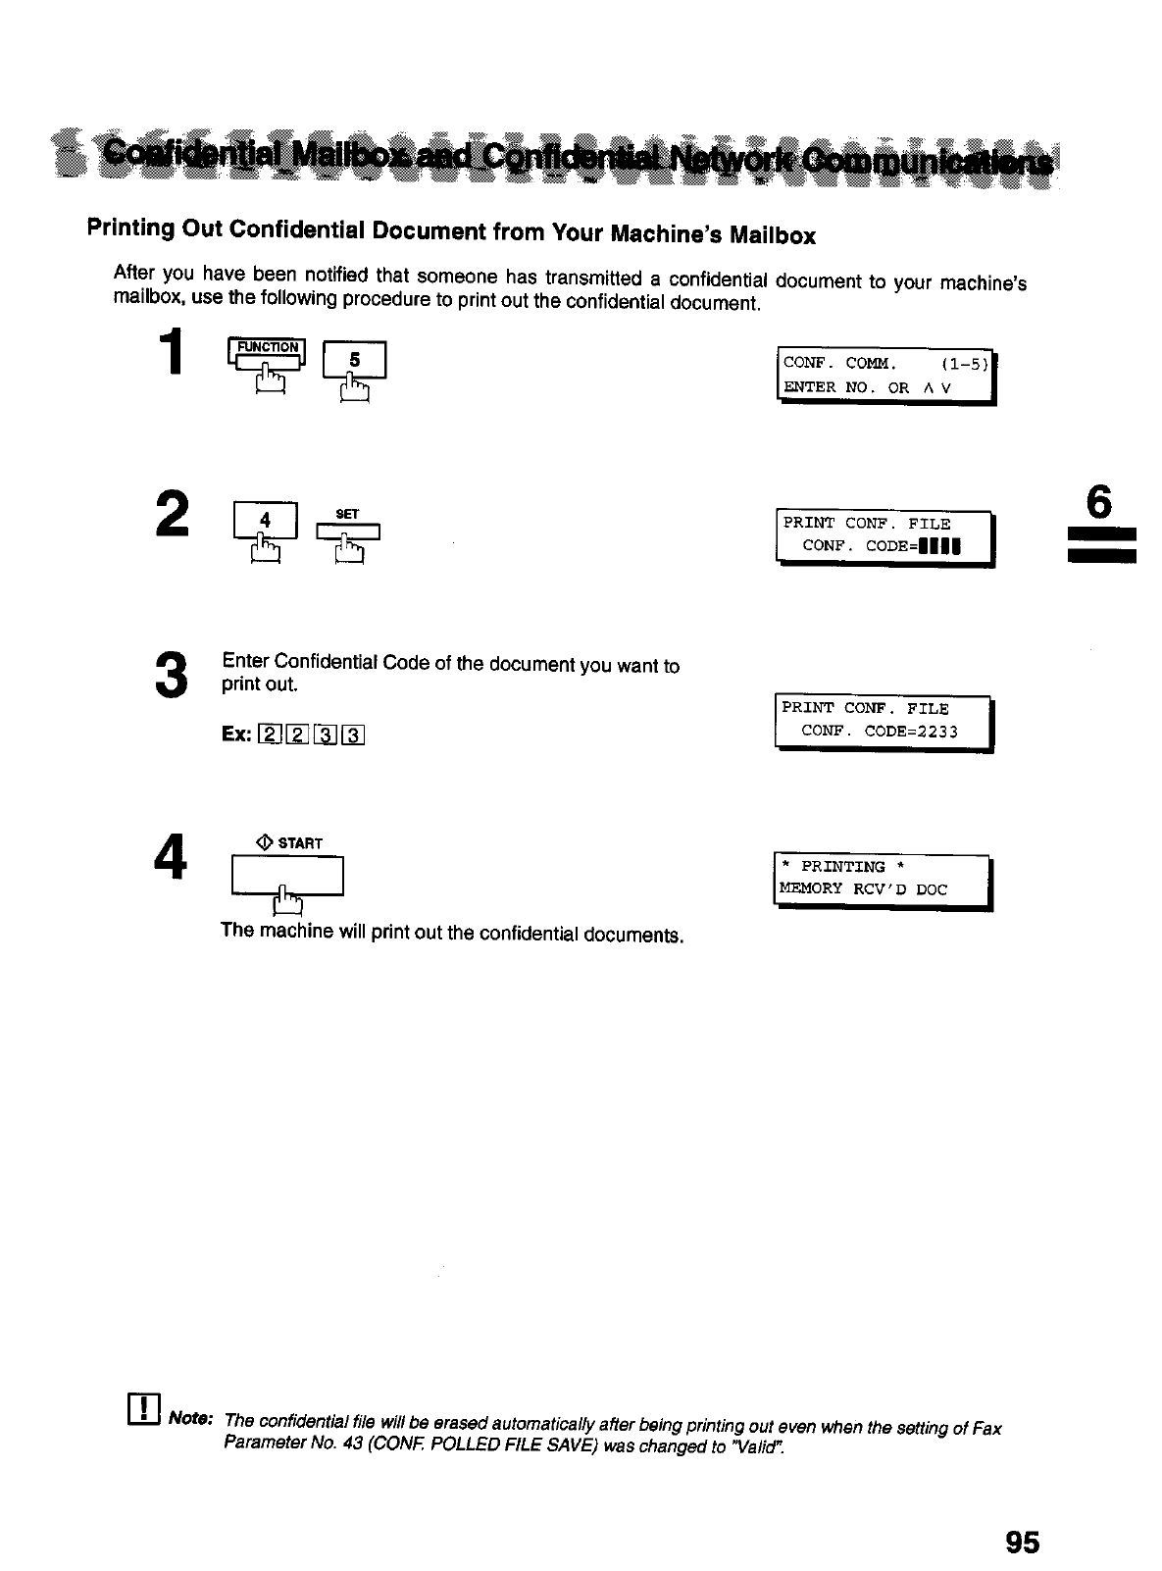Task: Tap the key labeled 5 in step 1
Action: tap(355, 360)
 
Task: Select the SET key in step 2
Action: tap(347, 531)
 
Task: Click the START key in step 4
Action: tap(286, 875)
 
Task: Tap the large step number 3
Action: tap(170, 675)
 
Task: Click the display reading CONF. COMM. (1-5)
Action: tap(885, 376)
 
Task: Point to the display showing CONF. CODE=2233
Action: tap(884, 721)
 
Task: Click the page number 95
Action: tap(1021, 1542)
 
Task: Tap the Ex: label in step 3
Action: tap(235, 735)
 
